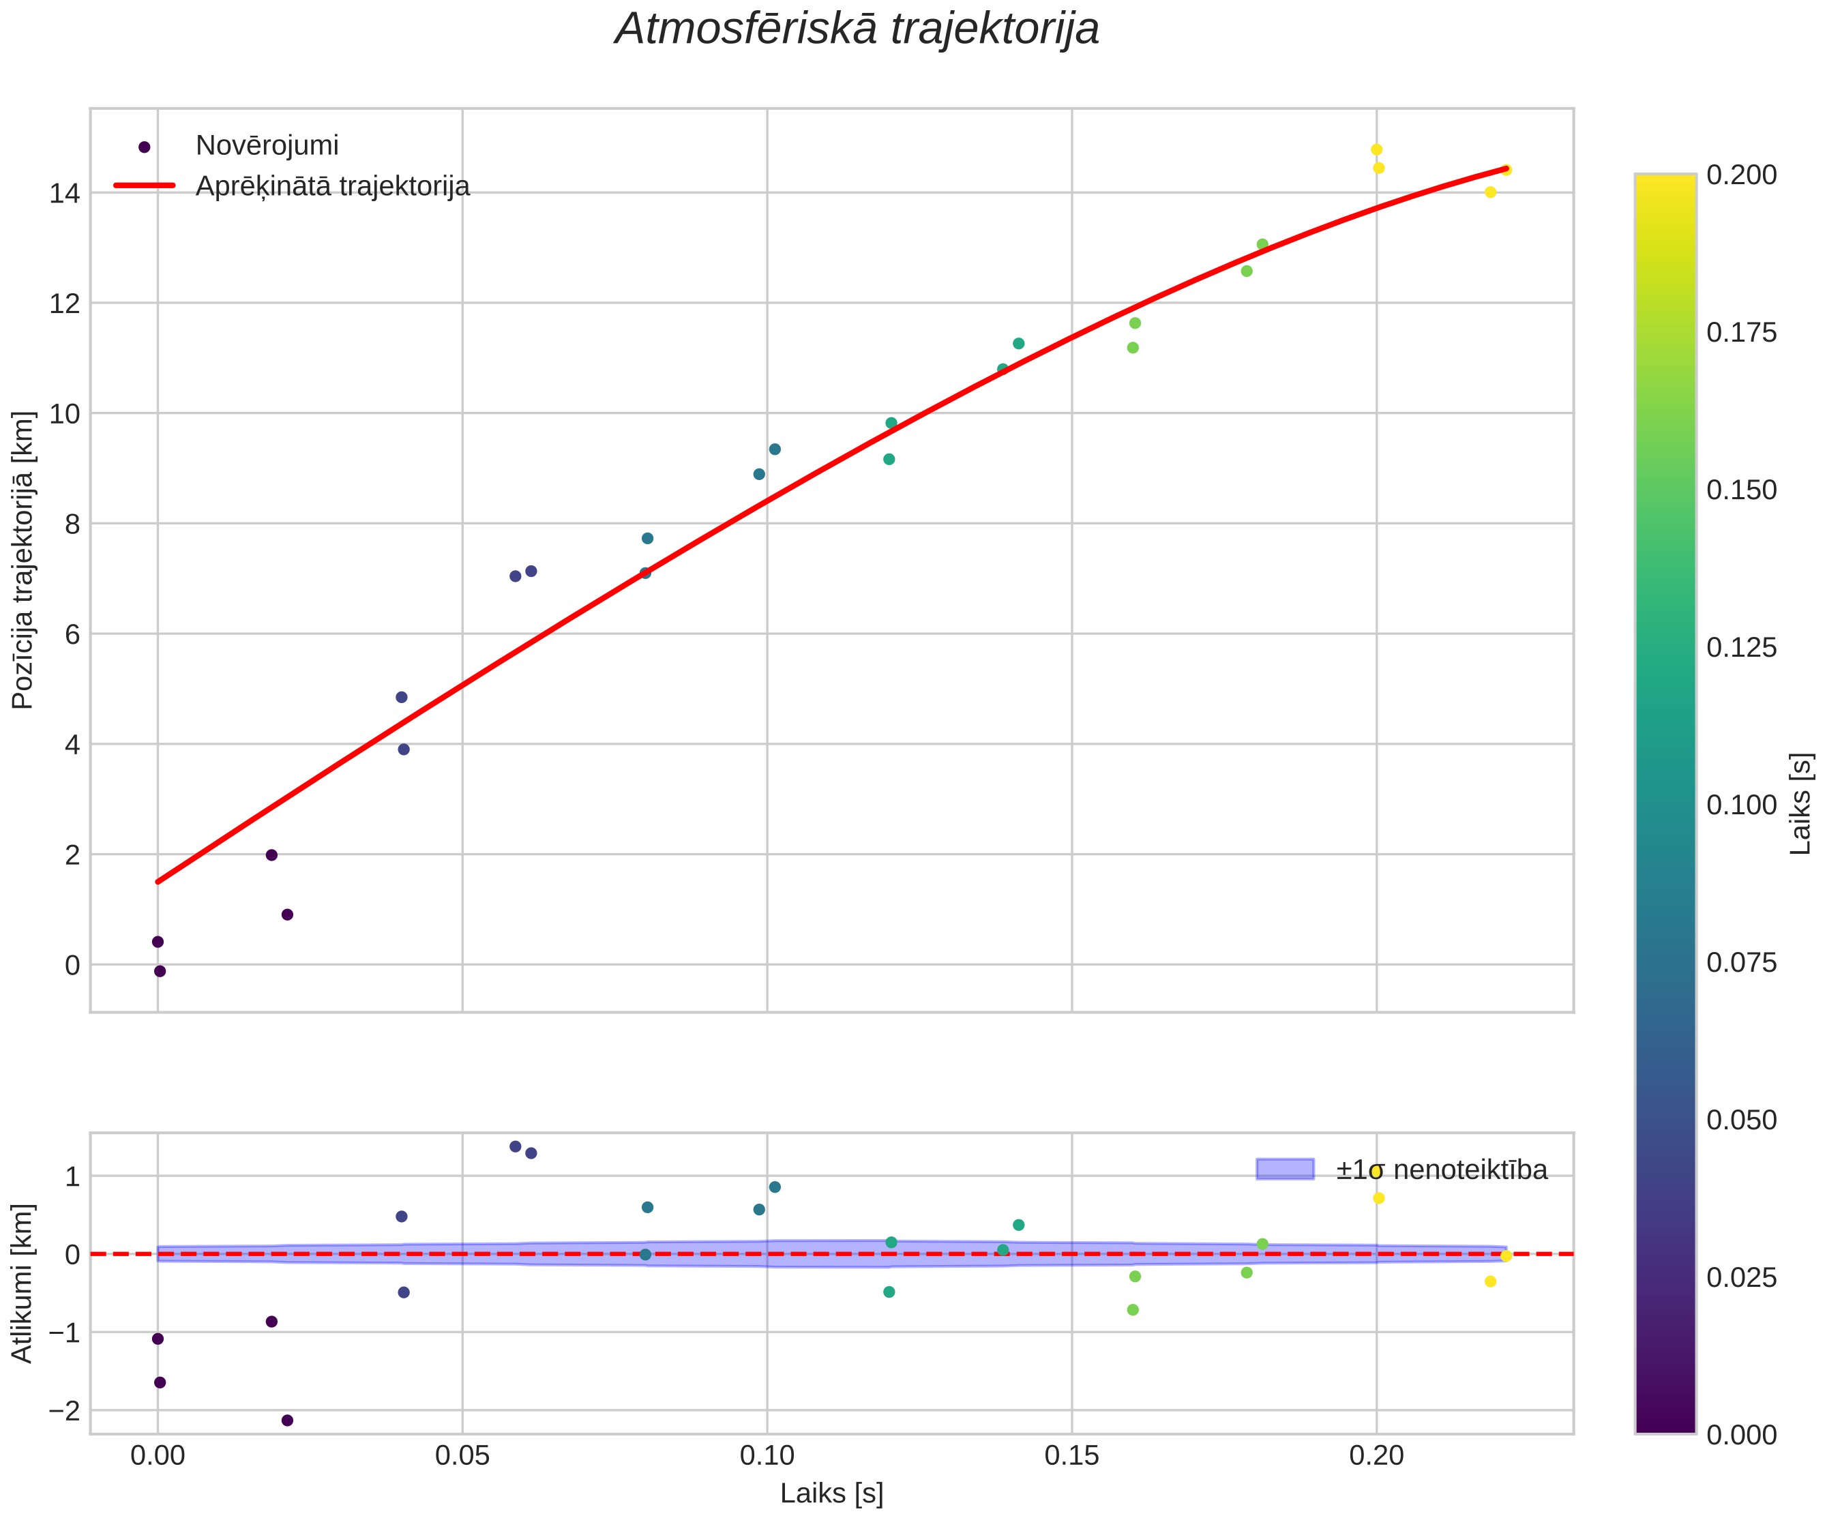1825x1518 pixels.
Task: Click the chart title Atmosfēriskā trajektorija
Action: click(x=857, y=29)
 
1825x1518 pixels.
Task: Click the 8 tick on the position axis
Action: click(x=72, y=524)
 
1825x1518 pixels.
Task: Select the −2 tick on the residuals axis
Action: click(x=64, y=1410)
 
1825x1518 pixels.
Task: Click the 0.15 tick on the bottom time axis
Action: click(x=1071, y=1455)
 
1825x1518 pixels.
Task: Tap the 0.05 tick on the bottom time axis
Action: click(x=462, y=1455)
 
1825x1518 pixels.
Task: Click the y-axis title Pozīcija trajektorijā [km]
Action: click(x=23, y=561)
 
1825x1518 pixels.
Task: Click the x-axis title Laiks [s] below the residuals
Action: click(x=831, y=1493)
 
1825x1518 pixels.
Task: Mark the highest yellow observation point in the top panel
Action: click(x=1376, y=149)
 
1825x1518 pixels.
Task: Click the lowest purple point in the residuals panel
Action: click(x=288, y=1420)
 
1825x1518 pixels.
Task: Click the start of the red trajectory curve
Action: click(x=158, y=882)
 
